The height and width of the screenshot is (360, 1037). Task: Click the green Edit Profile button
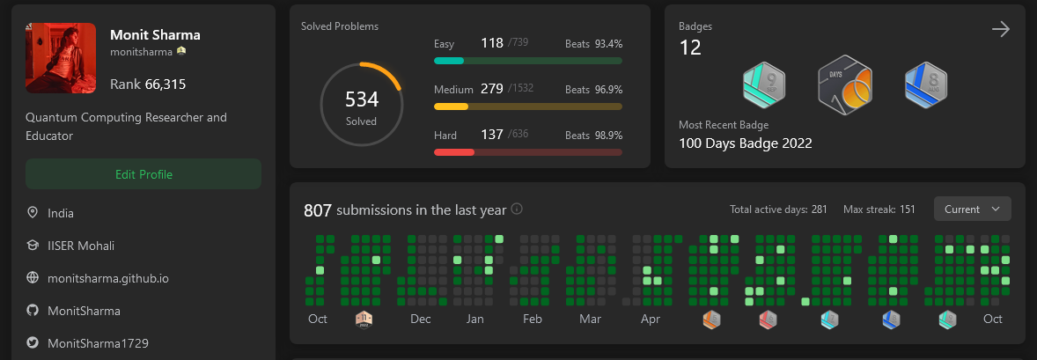click(x=143, y=174)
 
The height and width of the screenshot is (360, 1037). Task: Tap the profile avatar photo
click(x=61, y=58)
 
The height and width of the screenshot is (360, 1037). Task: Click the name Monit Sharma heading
click(x=155, y=35)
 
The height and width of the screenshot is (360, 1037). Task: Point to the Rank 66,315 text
click(x=148, y=84)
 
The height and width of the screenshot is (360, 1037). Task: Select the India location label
click(x=61, y=213)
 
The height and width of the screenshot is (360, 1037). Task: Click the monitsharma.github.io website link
click(x=108, y=277)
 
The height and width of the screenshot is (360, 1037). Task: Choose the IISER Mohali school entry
click(x=81, y=246)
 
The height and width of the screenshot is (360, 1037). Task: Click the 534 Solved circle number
click(x=361, y=99)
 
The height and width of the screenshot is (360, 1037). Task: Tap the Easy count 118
click(x=491, y=42)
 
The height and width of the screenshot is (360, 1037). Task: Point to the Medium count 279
click(x=491, y=89)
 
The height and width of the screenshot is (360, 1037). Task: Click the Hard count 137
click(x=491, y=135)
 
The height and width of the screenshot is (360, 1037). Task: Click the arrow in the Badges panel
click(x=1000, y=30)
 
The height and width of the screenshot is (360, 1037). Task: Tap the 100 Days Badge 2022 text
click(x=745, y=143)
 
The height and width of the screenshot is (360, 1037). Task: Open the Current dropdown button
click(x=972, y=209)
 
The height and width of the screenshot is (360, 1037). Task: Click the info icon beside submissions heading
click(x=517, y=209)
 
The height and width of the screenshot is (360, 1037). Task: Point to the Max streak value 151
click(x=907, y=209)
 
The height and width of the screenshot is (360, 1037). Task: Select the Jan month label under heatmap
click(x=474, y=319)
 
